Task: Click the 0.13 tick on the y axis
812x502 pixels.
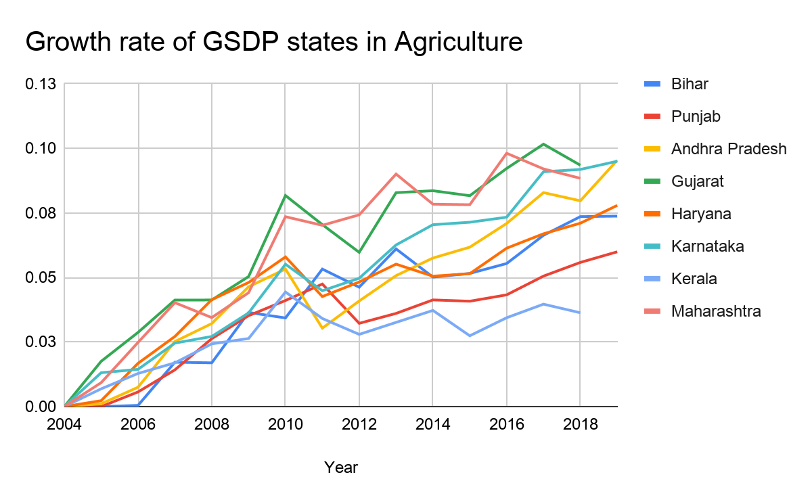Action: click(x=41, y=84)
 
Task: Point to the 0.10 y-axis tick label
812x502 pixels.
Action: click(x=41, y=148)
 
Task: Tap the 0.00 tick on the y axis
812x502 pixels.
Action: click(x=41, y=407)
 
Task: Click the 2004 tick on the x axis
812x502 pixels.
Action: click(x=65, y=424)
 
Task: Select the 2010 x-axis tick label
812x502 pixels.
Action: click(x=285, y=424)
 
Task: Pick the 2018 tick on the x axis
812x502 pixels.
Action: click(x=580, y=424)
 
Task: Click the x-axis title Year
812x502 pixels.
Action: click(x=340, y=467)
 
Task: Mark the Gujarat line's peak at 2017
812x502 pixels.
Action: click(x=543, y=144)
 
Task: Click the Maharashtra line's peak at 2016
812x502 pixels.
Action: click(x=506, y=153)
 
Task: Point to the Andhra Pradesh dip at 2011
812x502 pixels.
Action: click(x=323, y=328)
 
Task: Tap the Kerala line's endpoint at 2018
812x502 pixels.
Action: click(x=580, y=313)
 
